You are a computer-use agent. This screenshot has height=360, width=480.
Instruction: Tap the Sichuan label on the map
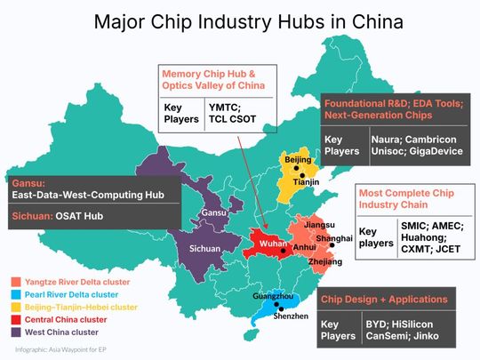click(x=206, y=248)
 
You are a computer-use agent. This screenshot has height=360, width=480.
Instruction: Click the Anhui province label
click(x=305, y=246)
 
